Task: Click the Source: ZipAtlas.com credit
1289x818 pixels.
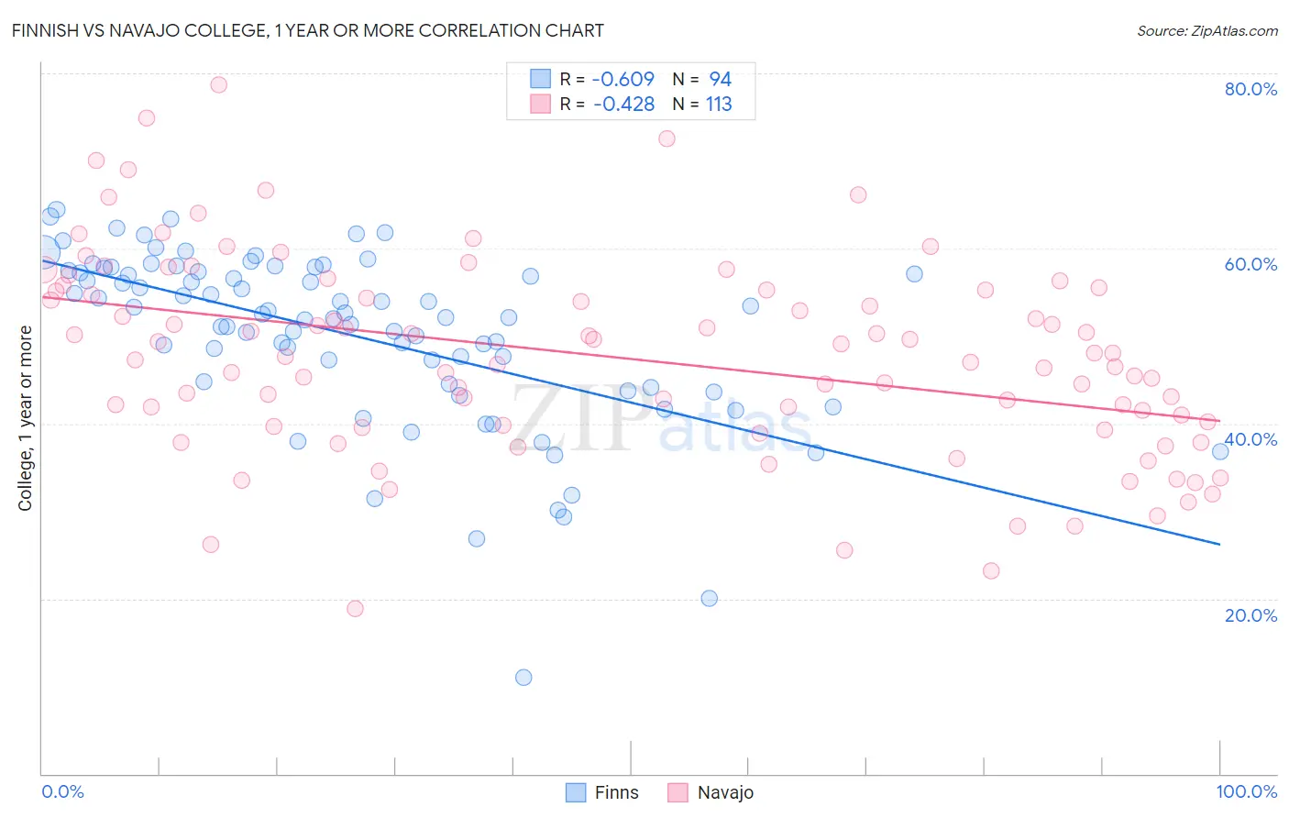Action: pyautogui.click(x=1206, y=31)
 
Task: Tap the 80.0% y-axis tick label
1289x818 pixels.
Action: pyautogui.click(x=1250, y=89)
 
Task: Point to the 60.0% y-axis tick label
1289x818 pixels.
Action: pyautogui.click(x=1250, y=264)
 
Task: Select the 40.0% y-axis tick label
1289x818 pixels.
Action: pyautogui.click(x=1250, y=439)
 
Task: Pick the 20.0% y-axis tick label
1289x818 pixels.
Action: pyautogui.click(x=1250, y=615)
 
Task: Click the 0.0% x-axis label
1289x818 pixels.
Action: pyautogui.click(x=62, y=791)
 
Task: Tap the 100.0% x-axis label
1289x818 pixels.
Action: pyautogui.click(x=1247, y=791)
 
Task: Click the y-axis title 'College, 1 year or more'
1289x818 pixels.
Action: pyautogui.click(x=26, y=418)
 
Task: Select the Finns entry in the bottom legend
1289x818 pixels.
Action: pyautogui.click(x=601, y=792)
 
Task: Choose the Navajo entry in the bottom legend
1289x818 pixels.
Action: pyautogui.click(x=710, y=792)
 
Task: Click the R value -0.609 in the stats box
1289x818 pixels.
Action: pyautogui.click(x=623, y=80)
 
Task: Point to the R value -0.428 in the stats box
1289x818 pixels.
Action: pyautogui.click(x=623, y=105)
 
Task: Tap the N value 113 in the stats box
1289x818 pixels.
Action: pyautogui.click(x=719, y=105)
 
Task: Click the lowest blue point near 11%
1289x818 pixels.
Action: pyautogui.click(x=523, y=678)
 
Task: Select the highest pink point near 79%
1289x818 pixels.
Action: pyautogui.click(x=218, y=84)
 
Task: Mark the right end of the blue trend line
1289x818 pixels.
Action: pyautogui.click(x=1219, y=545)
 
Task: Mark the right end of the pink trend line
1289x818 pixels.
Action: pyautogui.click(x=1219, y=420)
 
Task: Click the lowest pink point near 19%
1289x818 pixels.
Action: pyautogui.click(x=355, y=609)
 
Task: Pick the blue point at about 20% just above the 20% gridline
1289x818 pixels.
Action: pyautogui.click(x=709, y=599)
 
